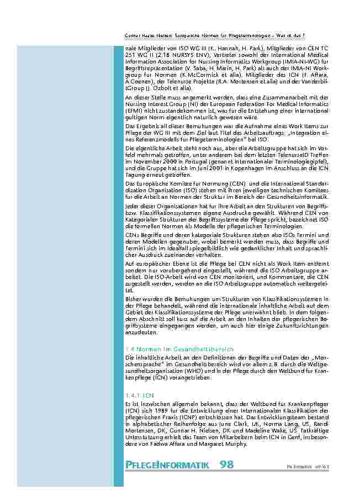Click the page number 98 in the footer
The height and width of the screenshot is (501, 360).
(x=226, y=465)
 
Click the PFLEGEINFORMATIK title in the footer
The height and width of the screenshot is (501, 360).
(x=167, y=465)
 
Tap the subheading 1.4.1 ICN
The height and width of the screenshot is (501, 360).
(x=139, y=395)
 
